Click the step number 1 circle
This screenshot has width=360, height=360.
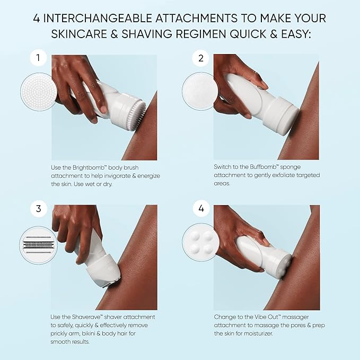(x=38, y=58)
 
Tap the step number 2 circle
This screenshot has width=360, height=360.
(x=200, y=58)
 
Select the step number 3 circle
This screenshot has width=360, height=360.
(x=38, y=208)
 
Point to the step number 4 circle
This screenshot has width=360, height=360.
(x=201, y=208)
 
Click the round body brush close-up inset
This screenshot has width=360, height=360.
(x=38, y=92)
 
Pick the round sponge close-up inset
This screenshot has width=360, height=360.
(x=200, y=91)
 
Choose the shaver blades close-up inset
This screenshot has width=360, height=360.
(x=38, y=245)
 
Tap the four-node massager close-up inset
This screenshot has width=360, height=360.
(x=200, y=242)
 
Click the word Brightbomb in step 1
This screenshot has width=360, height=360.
(x=89, y=168)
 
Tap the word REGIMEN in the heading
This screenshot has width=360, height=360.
(x=201, y=34)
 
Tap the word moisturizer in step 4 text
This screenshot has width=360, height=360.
(x=258, y=333)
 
